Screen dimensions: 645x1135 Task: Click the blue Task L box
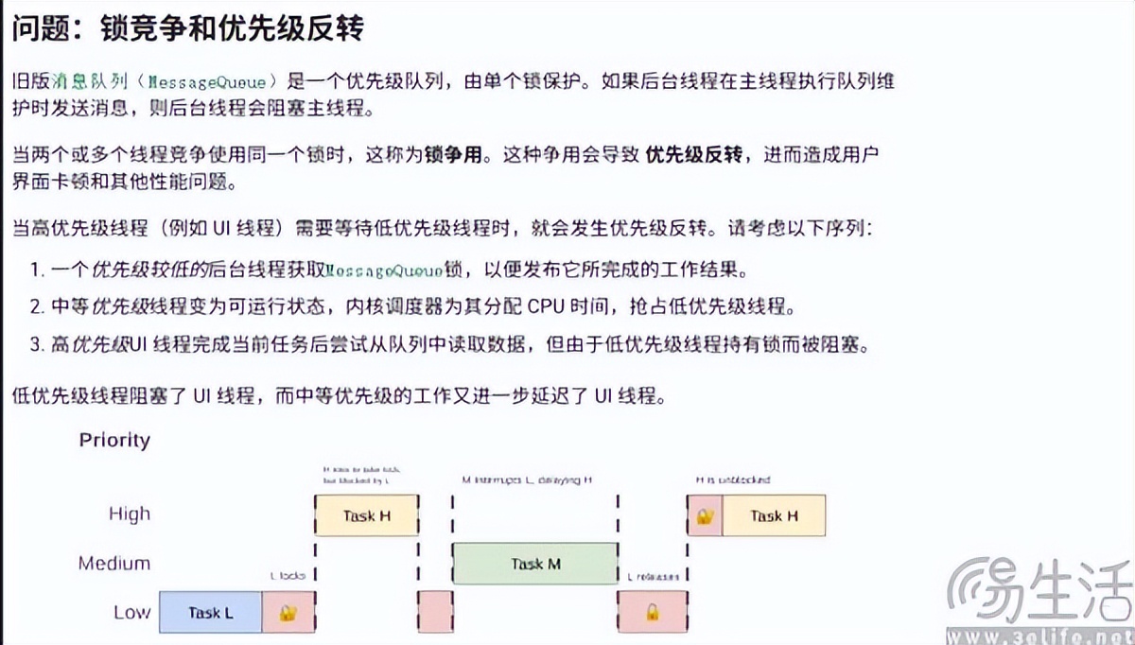(x=210, y=612)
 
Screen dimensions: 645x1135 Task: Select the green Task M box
(x=535, y=564)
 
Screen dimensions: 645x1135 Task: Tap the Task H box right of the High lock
(x=773, y=516)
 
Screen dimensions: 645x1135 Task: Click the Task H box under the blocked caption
(x=366, y=516)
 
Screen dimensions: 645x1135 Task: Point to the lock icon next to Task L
(x=288, y=612)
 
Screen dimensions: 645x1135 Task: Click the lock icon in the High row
(x=705, y=516)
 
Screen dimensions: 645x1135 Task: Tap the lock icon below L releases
(x=652, y=612)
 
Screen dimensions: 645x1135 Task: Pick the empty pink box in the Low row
(x=435, y=612)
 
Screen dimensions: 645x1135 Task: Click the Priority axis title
(x=114, y=440)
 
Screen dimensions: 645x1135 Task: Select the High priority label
(x=130, y=514)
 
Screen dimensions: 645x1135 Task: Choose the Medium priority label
(x=114, y=564)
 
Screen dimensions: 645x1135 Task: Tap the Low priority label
(x=131, y=612)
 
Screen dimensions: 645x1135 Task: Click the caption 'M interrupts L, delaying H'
(x=527, y=480)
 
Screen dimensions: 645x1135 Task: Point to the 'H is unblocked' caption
(x=733, y=479)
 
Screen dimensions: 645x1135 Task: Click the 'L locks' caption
(x=288, y=576)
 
